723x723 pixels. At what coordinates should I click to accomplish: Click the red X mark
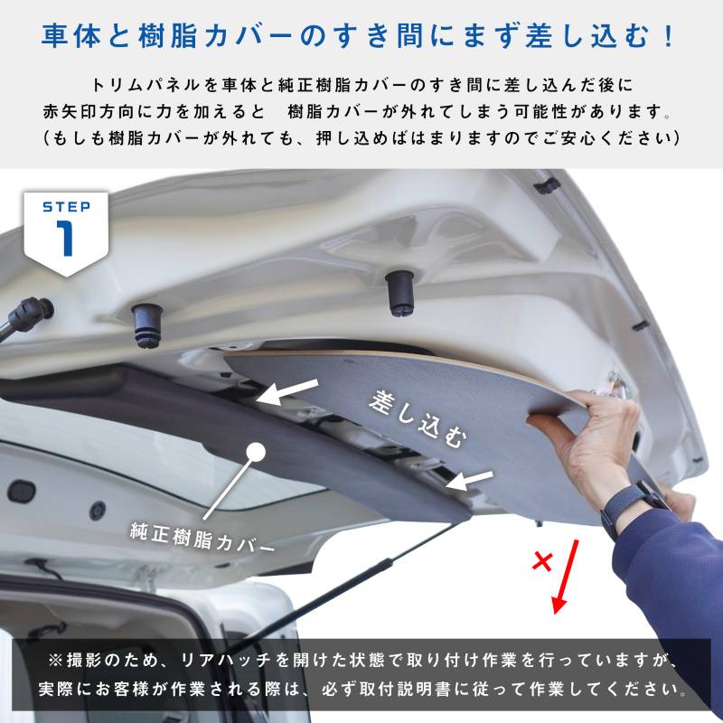(542, 561)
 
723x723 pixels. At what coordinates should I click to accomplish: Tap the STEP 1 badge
(66, 234)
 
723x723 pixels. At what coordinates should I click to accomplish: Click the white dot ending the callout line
(256, 452)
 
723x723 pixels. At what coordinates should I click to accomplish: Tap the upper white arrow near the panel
(286, 392)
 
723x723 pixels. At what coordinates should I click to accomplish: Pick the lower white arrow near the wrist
(469, 481)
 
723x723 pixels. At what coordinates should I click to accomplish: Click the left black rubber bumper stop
(147, 325)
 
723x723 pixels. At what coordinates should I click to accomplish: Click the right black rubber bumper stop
(399, 293)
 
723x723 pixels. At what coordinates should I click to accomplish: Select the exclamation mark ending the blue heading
(669, 36)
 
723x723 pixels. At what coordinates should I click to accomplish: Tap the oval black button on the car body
(21, 492)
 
